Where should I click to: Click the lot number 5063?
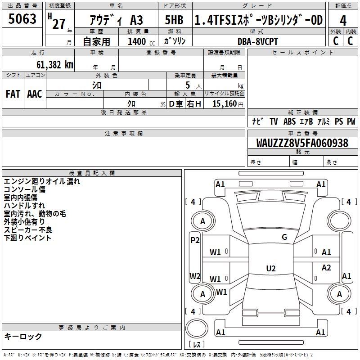[x=22, y=19]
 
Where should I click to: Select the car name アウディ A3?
[x=117, y=21]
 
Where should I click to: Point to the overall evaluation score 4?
[x=343, y=20]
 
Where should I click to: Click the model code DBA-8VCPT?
[x=258, y=41]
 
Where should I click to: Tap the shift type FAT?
[x=13, y=94]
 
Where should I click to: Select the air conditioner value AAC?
[x=35, y=94]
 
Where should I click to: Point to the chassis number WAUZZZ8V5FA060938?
[x=302, y=144]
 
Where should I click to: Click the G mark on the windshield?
[x=284, y=237]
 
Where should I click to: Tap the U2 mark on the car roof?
[x=271, y=269]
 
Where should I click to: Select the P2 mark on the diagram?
[x=195, y=240]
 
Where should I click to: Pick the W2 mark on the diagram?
[x=195, y=276]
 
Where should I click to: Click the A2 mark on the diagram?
[x=326, y=268]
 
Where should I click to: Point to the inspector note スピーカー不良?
[x=28, y=230]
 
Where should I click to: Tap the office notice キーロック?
[x=23, y=336]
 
